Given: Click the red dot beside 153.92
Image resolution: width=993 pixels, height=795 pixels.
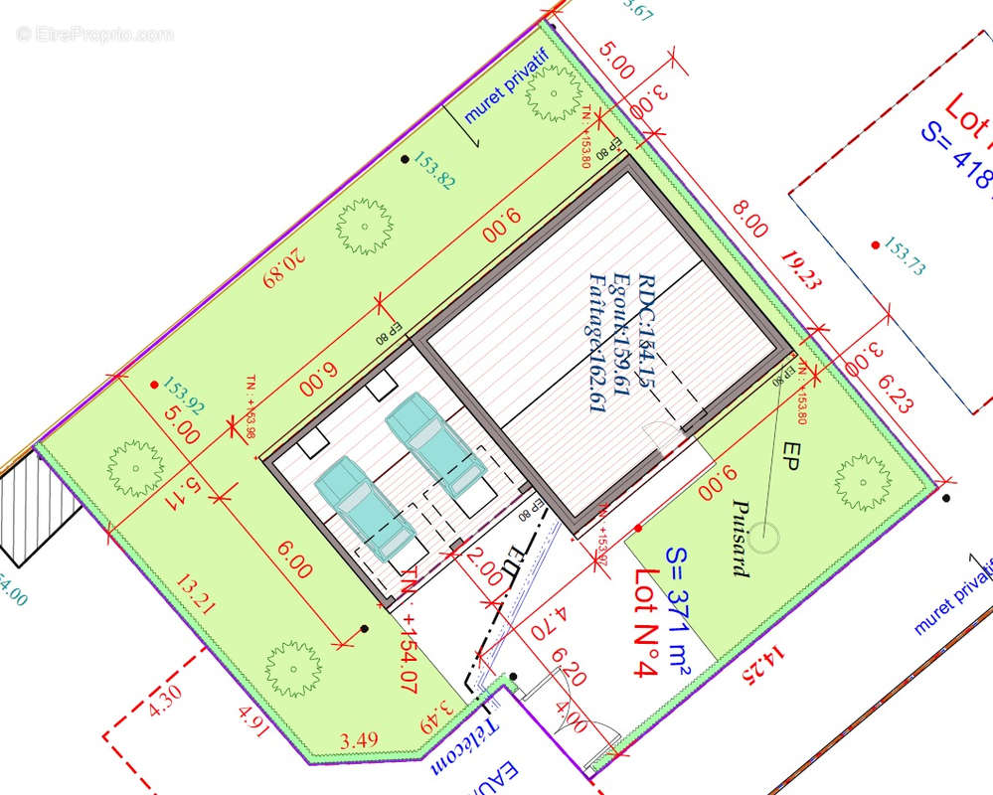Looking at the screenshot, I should pos(154,385).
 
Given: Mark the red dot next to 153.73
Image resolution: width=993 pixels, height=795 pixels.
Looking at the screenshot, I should pos(874,244).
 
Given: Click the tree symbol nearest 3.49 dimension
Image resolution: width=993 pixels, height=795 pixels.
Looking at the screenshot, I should pos(291,667).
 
